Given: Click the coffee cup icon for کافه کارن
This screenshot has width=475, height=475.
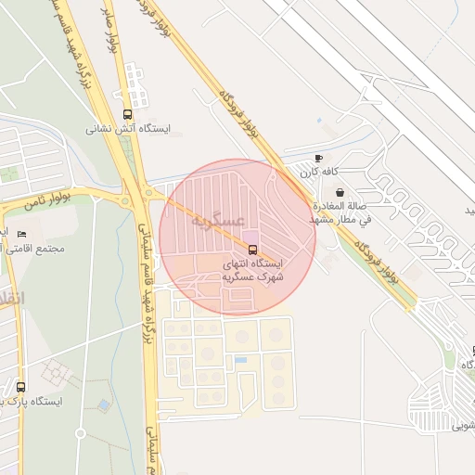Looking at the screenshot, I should [319, 159].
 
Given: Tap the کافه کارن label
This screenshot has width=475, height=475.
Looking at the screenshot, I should [317, 173].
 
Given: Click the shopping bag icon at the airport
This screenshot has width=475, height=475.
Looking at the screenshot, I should [340, 192].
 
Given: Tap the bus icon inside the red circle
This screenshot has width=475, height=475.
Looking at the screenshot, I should [251, 250].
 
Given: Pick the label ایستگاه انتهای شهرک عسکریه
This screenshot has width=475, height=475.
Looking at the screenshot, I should [252, 270].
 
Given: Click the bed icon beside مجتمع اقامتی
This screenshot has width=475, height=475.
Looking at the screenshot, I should [20, 234].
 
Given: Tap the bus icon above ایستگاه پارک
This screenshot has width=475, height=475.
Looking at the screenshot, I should [20, 387].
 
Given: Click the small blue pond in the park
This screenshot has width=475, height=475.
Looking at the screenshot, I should [103, 405].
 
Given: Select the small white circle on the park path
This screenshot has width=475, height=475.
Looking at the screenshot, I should [81, 433].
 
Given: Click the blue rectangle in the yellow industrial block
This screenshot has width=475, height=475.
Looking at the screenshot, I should [241, 360].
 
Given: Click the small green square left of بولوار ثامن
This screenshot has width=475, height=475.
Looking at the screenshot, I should [10, 173].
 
